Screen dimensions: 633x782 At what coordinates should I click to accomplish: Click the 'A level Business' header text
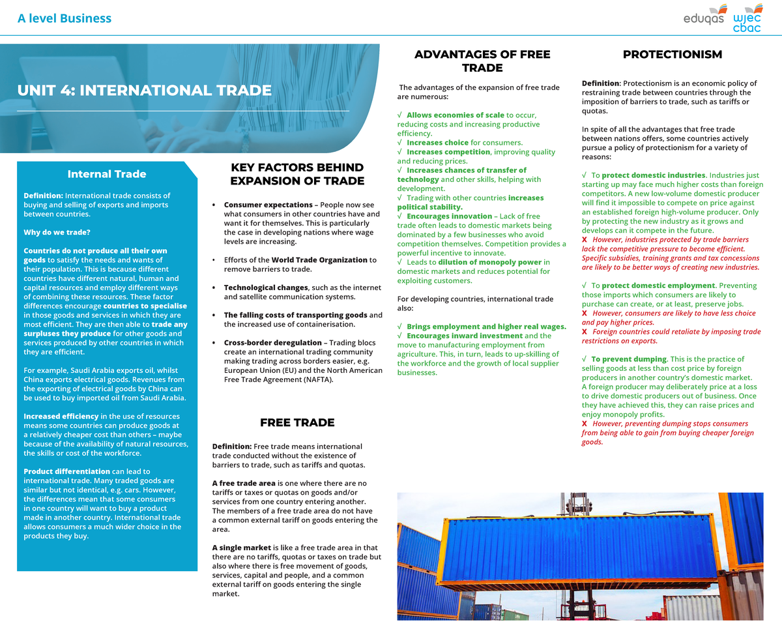[x=65, y=18]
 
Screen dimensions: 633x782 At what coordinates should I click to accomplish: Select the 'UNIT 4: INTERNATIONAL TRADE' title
[x=144, y=90]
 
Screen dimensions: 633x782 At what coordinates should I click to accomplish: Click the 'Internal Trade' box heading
[x=107, y=174]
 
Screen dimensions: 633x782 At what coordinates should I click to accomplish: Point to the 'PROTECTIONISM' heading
[x=672, y=55]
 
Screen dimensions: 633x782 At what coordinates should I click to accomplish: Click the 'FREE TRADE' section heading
[x=297, y=422]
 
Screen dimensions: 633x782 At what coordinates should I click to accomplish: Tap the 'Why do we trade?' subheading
[x=57, y=233]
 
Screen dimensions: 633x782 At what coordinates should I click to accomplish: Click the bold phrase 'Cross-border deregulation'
[x=272, y=343]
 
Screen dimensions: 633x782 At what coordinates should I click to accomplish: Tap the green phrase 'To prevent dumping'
[x=629, y=359]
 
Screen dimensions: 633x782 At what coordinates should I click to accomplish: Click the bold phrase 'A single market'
[x=242, y=548]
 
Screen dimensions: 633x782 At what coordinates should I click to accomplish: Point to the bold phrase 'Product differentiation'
[x=66, y=471]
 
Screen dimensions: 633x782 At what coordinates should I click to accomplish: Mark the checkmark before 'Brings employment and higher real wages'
[x=399, y=327]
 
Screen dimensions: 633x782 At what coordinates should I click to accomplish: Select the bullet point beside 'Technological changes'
[x=214, y=288]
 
